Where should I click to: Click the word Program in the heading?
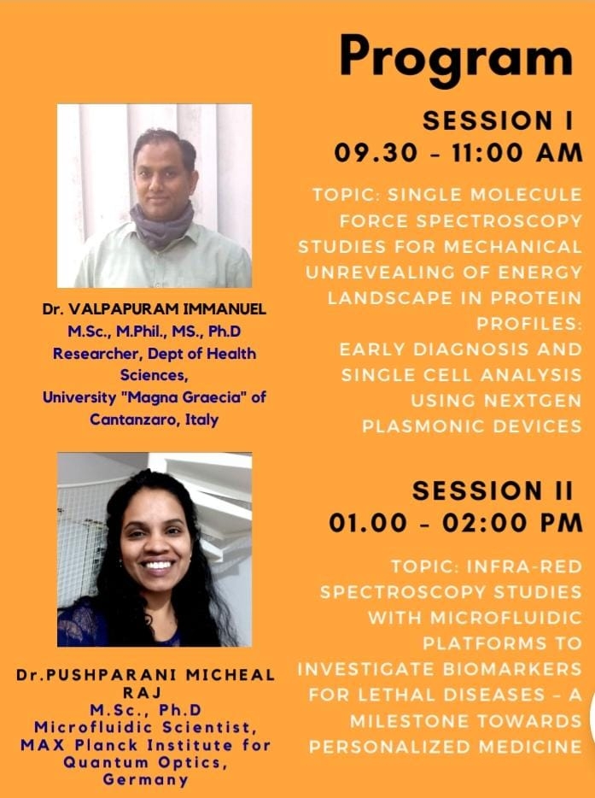[456, 59]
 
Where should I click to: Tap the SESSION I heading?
[498, 121]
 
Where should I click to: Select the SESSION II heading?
[493, 491]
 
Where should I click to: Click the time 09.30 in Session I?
[376, 153]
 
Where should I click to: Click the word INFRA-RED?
[524, 566]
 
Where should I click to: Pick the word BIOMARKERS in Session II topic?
[512, 669]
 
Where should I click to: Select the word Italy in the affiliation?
[202, 420]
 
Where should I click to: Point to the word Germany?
[145, 780]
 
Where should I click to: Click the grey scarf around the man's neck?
[161, 224]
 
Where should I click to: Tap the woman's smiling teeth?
[158, 565]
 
